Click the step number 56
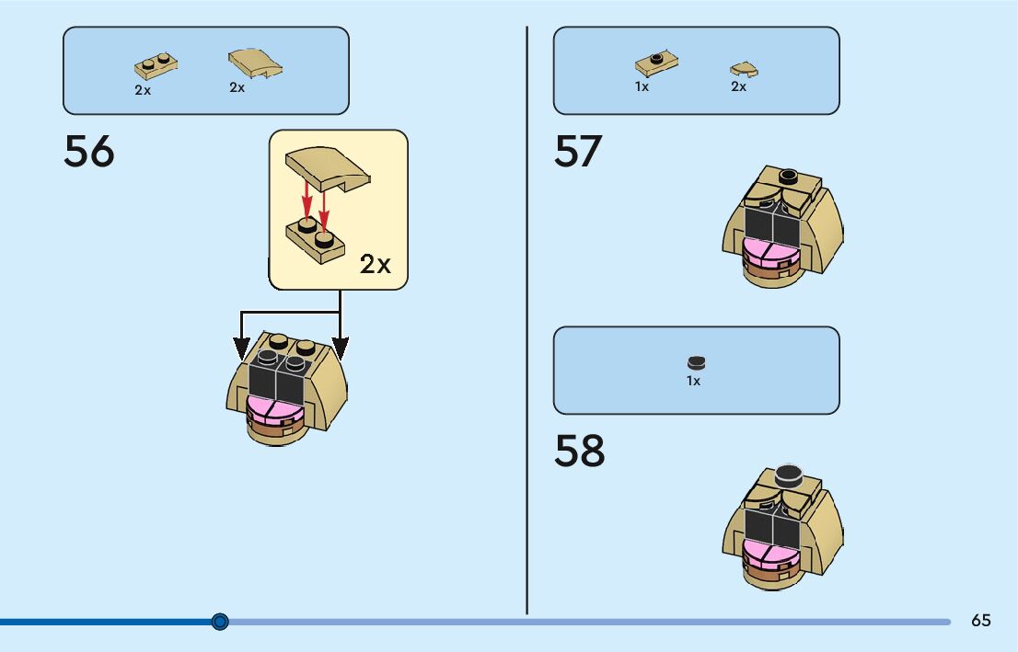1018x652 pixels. point(89,152)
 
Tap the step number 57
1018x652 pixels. point(578,152)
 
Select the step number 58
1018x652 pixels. point(579,451)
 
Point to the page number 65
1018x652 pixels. point(981,621)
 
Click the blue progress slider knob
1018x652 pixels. point(220,622)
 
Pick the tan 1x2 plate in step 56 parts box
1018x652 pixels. point(156,66)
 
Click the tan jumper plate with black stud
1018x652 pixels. point(656,63)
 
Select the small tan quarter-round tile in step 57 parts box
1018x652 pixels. point(744,68)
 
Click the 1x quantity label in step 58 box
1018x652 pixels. point(693,381)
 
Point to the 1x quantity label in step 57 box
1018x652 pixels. point(642,86)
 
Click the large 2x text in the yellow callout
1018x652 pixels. point(376,265)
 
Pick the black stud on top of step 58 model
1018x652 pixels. point(788,475)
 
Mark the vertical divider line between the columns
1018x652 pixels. point(526,322)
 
